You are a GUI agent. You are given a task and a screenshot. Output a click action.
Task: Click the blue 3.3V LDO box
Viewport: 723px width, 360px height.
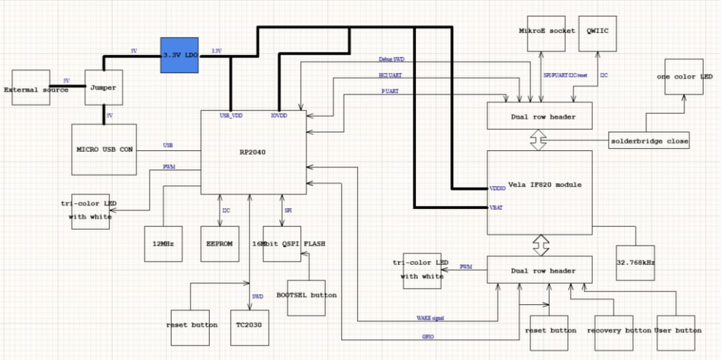pyautogui.click(x=179, y=54)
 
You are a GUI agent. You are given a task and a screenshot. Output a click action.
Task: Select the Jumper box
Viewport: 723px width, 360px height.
pyautogui.click(x=104, y=88)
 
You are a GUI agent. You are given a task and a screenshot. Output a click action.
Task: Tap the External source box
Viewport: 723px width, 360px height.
pyautogui.click(x=31, y=88)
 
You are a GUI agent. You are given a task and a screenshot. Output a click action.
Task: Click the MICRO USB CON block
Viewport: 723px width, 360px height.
pyautogui.click(x=105, y=150)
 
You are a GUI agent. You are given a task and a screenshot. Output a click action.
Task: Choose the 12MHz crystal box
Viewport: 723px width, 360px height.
pyautogui.click(x=163, y=244)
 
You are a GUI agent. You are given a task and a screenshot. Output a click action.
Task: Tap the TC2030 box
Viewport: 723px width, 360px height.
pyautogui.click(x=249, y=324)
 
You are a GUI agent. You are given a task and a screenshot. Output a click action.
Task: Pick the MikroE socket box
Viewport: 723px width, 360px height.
pyautogui.click(x=546, y=32)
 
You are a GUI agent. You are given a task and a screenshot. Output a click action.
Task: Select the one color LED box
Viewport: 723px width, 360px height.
pyautogui.click(x=684, y=77)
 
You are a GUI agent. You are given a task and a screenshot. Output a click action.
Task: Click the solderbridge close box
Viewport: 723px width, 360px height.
pyautogui.click(x=650, y=140)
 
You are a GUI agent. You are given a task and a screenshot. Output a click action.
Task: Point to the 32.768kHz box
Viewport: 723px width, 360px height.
pyautogui.click(x=635, y=262)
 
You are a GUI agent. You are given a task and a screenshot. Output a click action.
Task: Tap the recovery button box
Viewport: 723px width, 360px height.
pyautogui.click(x=618, y=332)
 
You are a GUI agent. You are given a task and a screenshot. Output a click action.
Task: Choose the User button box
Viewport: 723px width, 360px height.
pyautogui.click(x=676, y=332)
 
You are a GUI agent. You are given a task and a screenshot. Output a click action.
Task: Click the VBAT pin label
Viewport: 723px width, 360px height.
pyautogui.click(x=497, y=208)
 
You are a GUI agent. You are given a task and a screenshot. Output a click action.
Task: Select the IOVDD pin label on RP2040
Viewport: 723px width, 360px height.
pyautogui.click(x=279, y=115)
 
